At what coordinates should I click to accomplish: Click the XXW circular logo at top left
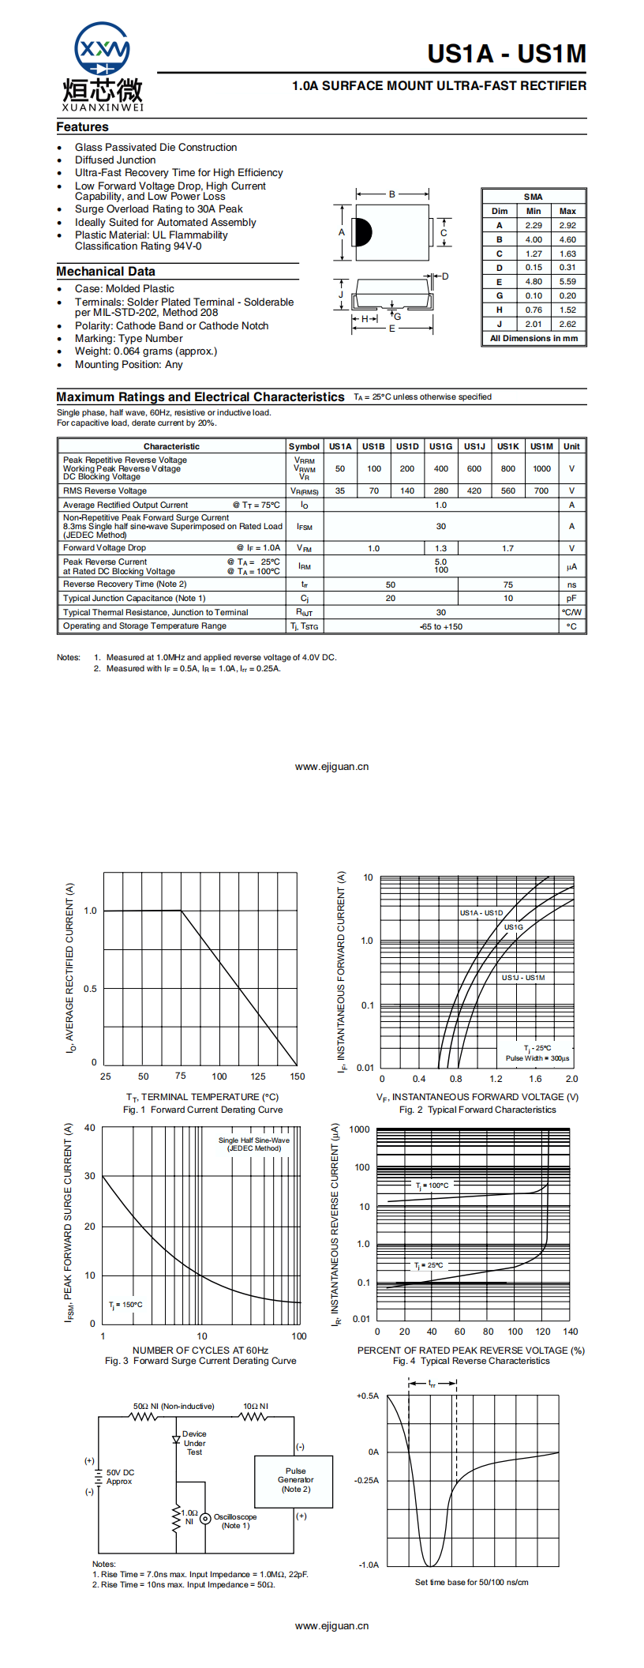click(x=102, y=51)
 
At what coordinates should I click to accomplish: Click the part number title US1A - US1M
click(x=507, y=54)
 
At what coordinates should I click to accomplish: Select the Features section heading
click(x=82, y=127)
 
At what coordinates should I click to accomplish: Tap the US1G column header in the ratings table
click(x=440, y=446)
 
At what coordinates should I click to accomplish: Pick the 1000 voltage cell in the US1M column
click(x=541, y=468)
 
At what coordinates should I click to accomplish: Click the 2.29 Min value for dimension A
click(x=534, y=226)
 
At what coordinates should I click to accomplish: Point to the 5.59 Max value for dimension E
click(x=567, y=282)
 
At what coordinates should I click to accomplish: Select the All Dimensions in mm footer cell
click(x=534, y=339)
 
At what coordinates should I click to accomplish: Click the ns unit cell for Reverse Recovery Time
click(x=571, y=585)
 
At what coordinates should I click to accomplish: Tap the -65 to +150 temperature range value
click(x=441, y=627)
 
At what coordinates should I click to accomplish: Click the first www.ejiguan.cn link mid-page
click(x=331, y=767)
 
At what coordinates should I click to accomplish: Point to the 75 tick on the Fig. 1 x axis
click(x=181, y=1076)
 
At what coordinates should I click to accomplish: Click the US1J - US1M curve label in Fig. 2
click(x=522, y=978)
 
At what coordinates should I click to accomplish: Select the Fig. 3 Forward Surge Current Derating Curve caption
click(x=200, y=1361)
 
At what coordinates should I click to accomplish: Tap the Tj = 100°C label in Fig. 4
click(x=432, y=1185)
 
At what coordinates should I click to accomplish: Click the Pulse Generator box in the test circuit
click(x=295, y=1480)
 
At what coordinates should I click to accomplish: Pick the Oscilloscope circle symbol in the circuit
click(x=205, y=1518)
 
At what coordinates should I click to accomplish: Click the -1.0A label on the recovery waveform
click(x=369, y=1565)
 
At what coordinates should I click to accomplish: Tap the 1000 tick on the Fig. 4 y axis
click(x=359, y=1129)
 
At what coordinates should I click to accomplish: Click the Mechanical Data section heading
click(x=106, y=272)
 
